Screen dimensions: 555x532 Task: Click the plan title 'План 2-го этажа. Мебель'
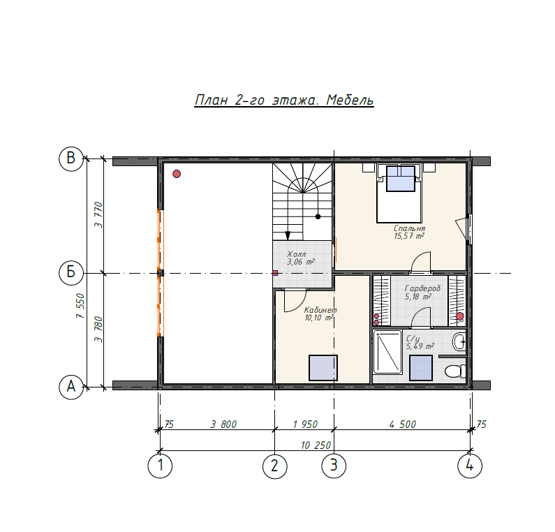coord(284,100)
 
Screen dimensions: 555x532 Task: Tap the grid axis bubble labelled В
coord(71,158)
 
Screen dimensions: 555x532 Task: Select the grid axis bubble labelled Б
coord(71,272)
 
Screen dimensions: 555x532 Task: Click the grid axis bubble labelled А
coord(71,387)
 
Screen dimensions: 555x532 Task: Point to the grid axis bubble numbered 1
coord(160,466)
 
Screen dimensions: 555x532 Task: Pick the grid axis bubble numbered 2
coord(275,466)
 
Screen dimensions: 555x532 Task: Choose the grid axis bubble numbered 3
coord(334,466)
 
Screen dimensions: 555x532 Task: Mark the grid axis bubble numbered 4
coord(470,466)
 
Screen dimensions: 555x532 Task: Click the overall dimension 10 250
coord(316,445)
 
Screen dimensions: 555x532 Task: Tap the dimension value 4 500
coord(402,424)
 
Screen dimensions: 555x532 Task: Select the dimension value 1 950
coord(305,424)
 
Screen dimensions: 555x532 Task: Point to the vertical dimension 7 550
coord(81,306)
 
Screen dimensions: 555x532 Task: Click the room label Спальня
coord(409,228)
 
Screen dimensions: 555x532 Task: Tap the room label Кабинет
coord(320,310)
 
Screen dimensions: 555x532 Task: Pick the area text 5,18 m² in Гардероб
coord(418,297)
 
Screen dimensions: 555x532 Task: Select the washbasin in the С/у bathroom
coord(459,341)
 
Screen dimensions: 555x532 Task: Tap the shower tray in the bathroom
coord(387,352)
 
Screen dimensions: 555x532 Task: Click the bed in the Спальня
coord(399,193)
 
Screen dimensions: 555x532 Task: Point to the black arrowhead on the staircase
coord(288,236)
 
